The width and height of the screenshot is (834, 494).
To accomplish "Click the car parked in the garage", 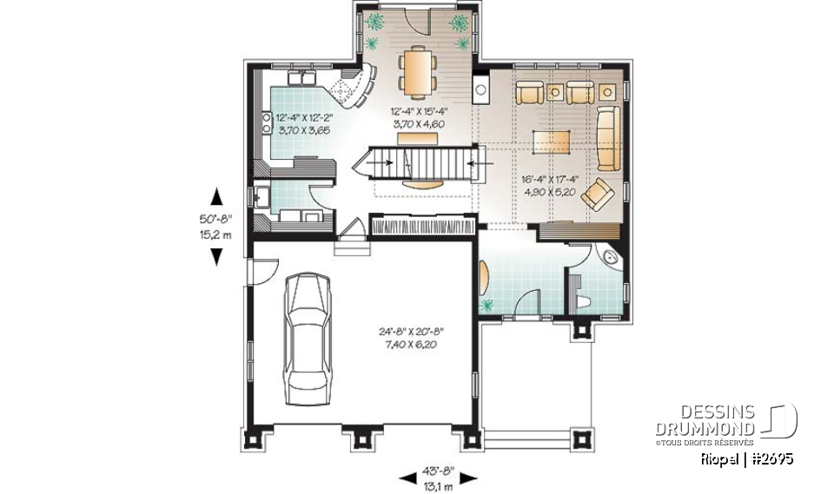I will coord(307,331).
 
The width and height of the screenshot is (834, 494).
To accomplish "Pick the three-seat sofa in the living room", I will coord(607,139).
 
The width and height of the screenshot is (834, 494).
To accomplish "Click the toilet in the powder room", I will coord(586,300).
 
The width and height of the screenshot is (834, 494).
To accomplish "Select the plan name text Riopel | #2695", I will coord(746,458).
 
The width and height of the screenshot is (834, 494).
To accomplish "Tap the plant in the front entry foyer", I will coord(487,304).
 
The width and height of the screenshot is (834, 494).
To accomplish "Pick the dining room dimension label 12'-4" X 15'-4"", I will coord(419,117).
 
